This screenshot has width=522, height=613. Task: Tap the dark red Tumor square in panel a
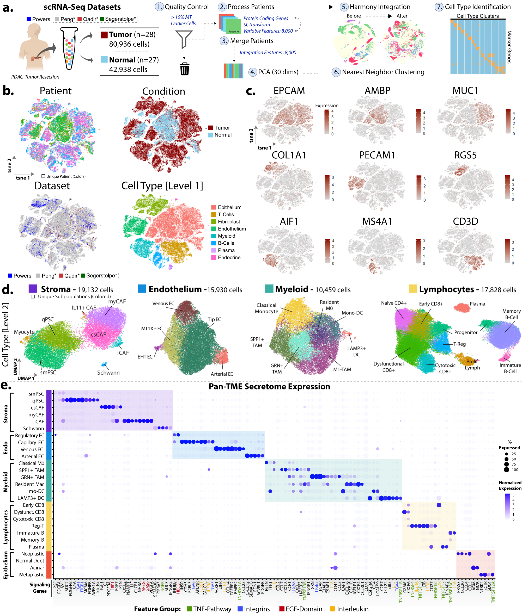click(x=104, y=35)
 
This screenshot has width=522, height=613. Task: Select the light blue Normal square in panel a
click(x=104, y=59)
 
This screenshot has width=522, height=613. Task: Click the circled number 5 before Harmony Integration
click(x=344, y=7)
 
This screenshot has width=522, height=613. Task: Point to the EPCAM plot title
click(x=289, y=90)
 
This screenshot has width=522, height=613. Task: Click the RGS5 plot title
click(x=465, y=155)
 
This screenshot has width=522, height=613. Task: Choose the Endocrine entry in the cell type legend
click(x=229, y=257)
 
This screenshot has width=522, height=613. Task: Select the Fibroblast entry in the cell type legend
click(x=229, y=221)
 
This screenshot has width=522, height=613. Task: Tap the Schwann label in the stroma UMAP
click(x=108, y=373)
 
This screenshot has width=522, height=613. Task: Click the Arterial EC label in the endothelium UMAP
click(x=222, y=374)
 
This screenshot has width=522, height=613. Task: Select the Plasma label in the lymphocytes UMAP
click(x=477, y=304)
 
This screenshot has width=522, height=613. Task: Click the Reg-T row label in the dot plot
click(x=38, y=526)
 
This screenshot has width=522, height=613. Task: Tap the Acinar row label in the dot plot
click(x=37, y=567)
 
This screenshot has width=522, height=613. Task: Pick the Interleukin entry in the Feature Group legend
click(x=353, y=609)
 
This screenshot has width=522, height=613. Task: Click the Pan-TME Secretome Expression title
click(x=269, y=387)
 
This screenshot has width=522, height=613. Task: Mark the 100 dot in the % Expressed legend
click(x=507, y=469)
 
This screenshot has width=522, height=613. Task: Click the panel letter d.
click(x=7, y=290)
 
